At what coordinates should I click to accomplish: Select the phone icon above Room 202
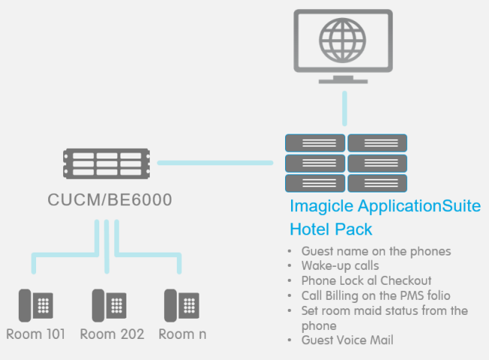pyautogui.click(x=109, y=305)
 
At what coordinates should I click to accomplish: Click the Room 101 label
pyautogui.click(x=35, y=334)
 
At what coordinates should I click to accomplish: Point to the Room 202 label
pyautogui.click(x=111, y=334)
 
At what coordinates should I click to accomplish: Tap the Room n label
pyautogui.click(x=181, y=334)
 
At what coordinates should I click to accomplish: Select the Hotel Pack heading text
pyautogui.click(x=331, y=229)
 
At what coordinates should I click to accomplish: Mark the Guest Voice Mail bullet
pyautogui.click(x=347, y=340)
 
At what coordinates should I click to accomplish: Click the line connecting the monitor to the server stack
pyautogui.click(x=345, y=109)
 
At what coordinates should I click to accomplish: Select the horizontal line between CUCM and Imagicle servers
pyautogui.click(x=214, y=162)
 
